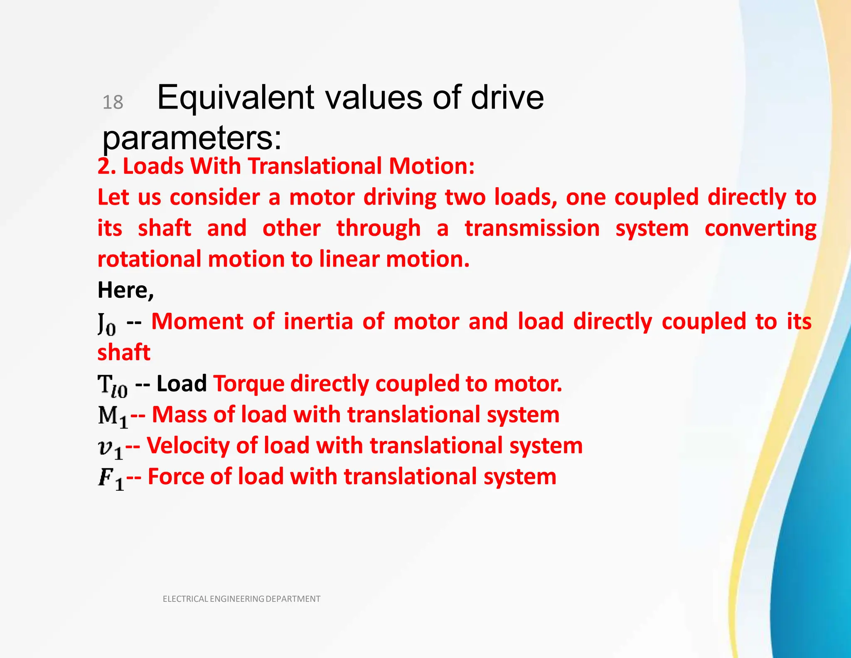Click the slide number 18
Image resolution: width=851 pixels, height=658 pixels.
tap(113, 102)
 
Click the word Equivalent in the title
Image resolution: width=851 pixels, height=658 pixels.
tap(235, 98)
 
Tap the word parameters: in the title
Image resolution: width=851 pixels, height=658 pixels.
tap(192, 138)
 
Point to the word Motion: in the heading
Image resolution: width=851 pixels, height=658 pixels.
tap(432, 166)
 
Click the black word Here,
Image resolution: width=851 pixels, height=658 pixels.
tap(125, 290)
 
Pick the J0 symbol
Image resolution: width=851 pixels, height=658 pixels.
tap(107, 324)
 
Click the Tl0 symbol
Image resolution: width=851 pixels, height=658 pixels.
tap(113, 386)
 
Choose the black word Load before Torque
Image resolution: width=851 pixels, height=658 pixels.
tap(182, 383)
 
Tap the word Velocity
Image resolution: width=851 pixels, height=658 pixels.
tap(188, 445)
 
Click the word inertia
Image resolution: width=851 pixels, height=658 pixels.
tap(318, 322)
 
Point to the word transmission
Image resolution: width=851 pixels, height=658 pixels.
tap(532, 228)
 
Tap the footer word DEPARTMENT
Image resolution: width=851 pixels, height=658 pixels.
tap(293, 599)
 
